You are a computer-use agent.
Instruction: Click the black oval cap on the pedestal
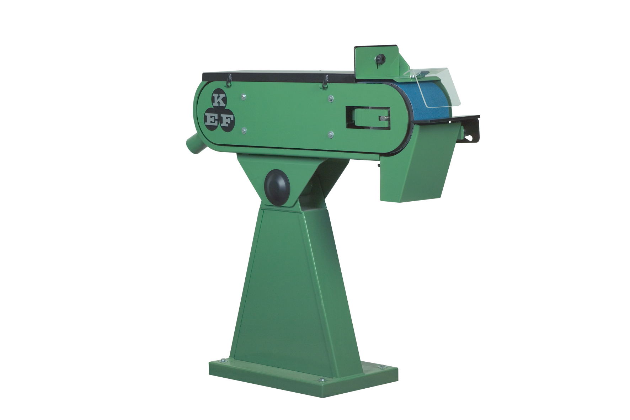coord(277,187)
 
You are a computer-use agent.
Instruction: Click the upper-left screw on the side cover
coord(244,96)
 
